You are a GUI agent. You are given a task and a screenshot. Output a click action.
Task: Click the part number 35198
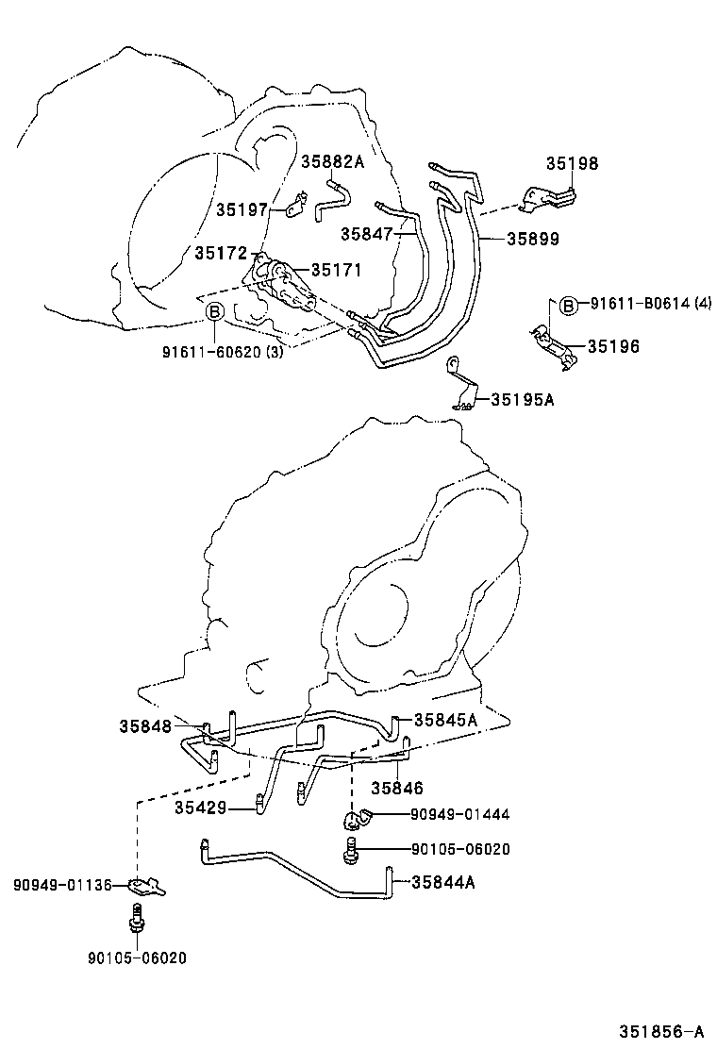(x=572, y=163)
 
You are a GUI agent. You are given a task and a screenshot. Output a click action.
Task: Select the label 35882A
(x=332, y=161)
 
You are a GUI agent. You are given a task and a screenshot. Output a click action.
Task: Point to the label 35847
(x=367, y=233)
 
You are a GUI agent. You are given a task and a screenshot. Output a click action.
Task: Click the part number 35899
(x=532, y=240)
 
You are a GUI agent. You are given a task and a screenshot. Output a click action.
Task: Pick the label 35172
(x=221, y=253)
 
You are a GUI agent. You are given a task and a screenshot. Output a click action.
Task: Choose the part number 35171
(x=336, y=271)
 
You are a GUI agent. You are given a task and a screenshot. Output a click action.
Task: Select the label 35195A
(x=522, y=399)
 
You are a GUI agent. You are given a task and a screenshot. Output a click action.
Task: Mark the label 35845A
(x=445, y=720)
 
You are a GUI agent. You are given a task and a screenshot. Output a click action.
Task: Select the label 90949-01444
(x=460, y=814)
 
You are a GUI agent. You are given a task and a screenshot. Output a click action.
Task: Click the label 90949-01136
(x=62, y=885)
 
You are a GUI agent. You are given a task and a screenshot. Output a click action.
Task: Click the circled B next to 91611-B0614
(x=568, y=304)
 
